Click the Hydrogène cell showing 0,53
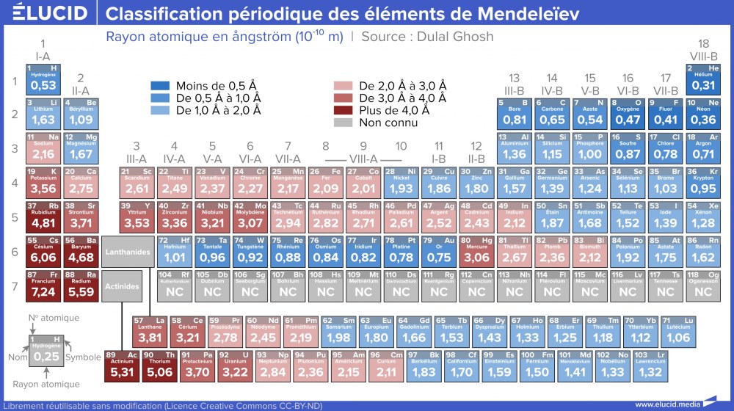[x=43, y=79]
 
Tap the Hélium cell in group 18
[x=703, y=79]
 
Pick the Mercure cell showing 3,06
[x=476, y=251]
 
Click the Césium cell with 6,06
[x=43, y=251]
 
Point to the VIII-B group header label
[x=703, y=56]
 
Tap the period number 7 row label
[x=13, y=284]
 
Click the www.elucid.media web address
[x=665, y=404]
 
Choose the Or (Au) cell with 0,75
[x=438, y=251]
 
